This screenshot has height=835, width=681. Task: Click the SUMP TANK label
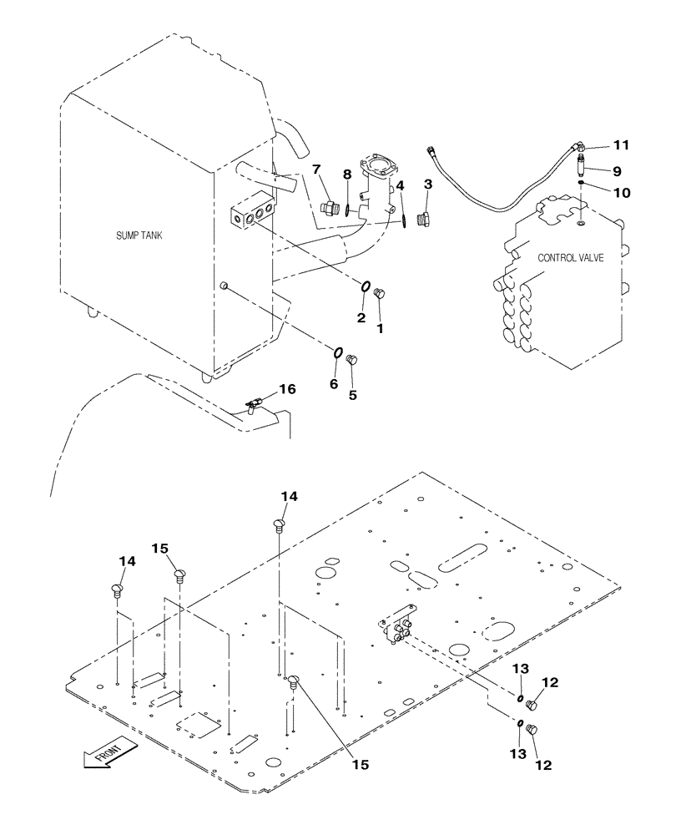pos(139,236)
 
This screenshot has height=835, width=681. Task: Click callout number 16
pos(286,389)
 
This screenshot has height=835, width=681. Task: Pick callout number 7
pos(316,170)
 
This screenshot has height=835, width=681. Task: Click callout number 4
pos(401,185)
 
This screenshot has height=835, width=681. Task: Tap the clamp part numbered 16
pos(255,404)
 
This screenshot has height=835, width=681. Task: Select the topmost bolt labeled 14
pos(280,524)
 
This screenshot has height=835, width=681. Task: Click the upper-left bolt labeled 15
pos(179,574)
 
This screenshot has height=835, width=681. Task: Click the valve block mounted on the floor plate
pos(398,625)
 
